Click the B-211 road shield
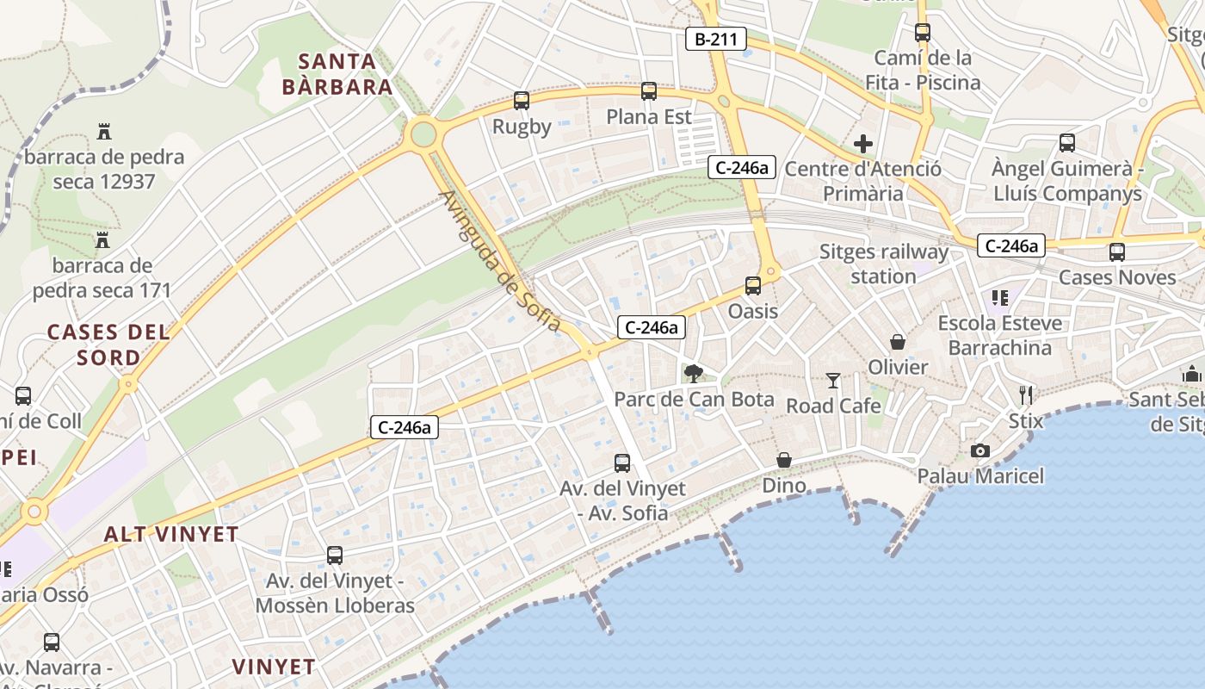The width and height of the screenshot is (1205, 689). click(x=715, y=39)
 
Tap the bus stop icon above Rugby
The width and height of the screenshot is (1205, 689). click(x=522, y=101)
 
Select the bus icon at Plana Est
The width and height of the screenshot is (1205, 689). click(x=649, y=91)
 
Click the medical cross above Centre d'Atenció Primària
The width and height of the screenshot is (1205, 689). click(x=862, y=144)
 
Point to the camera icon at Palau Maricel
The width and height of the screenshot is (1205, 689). click(x=979, y=450)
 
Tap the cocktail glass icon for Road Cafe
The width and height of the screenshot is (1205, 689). click(x=833, y=380)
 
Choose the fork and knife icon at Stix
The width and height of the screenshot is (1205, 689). click(x=1025, y=395)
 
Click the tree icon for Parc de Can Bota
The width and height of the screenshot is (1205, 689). click(x=694, y=374)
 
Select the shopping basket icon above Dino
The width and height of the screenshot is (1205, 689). click(x=783, y=460)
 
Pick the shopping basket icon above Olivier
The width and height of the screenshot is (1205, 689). click(x=898, y=342)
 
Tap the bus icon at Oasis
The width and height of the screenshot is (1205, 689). click(x=753, y=286)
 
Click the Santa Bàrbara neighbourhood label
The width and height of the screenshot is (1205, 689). click(x=337, y=74)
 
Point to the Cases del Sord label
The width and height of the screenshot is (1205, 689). click(x=108, y=344)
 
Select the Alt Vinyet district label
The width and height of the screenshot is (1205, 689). click(x=171, y=534)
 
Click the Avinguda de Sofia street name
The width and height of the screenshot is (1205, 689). click(x=500, y=261)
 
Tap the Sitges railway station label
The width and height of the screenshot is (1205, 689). click(x=883, y=264)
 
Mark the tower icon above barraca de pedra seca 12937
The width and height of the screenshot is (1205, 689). click(x=104, y=132)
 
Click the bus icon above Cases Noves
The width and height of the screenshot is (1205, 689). click(x=1117, y=252)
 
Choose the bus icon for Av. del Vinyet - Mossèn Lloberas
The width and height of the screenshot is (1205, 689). click(x=335, y=556)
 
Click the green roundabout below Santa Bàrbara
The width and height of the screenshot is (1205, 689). click(x=423, y=133)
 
